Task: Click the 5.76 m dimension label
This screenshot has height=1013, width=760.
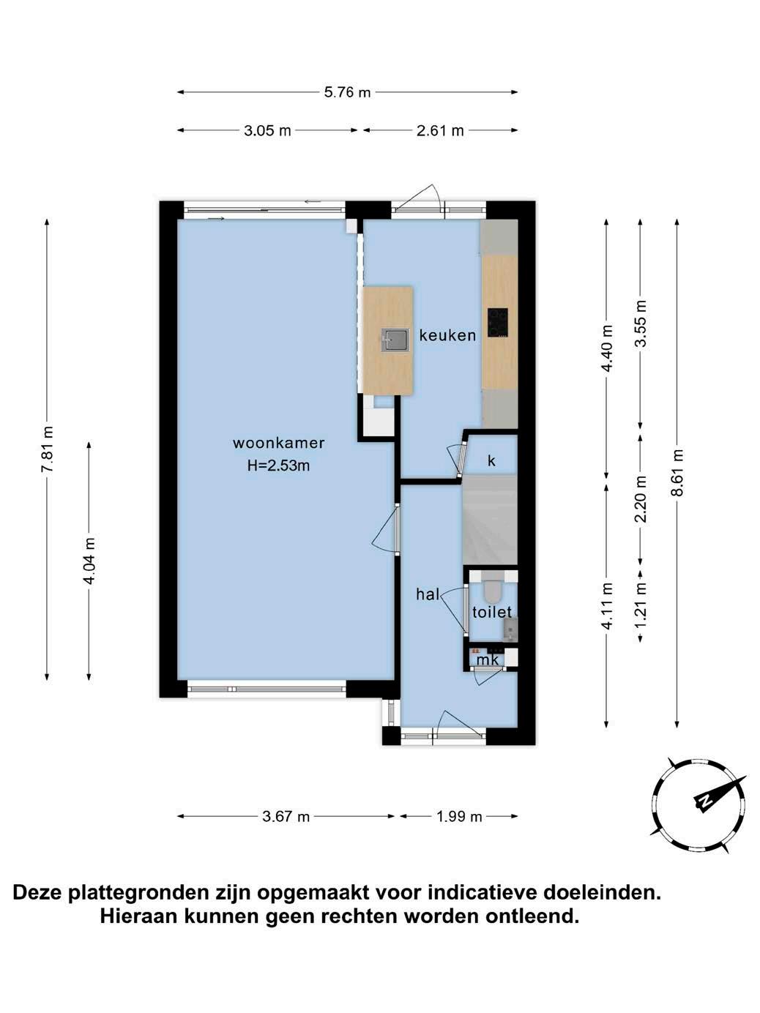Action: (x=347, y=92)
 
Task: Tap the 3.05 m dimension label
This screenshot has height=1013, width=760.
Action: (x=267, y=130)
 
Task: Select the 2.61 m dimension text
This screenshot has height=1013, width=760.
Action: (x=440, y=130)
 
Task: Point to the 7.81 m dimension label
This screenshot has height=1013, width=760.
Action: (x=47, y=449)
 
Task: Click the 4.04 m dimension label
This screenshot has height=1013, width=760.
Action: (x=89, y=560)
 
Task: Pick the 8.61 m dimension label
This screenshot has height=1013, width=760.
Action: (x=677, y=472)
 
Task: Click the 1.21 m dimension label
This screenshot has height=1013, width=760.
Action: (x=641, y=604)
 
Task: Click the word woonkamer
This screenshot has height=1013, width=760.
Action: (x=279, y=443)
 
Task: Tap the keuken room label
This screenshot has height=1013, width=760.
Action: (x=447, y=335)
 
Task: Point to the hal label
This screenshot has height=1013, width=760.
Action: (x=428, y=594)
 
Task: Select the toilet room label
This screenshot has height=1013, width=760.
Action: (x=492, y=613)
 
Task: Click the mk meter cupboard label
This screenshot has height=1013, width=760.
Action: (x=488, y=660)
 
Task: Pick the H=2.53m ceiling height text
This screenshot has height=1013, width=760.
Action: (x=278, y=466)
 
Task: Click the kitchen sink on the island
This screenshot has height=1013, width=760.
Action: (x=395, y=340)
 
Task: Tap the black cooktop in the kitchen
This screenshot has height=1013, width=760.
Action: (x=498, y=322)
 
